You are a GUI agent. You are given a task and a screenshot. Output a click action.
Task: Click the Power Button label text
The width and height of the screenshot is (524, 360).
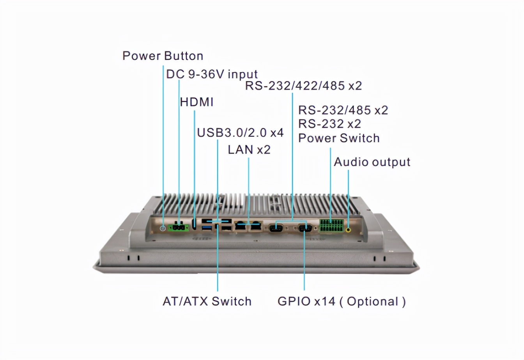coord(163,56)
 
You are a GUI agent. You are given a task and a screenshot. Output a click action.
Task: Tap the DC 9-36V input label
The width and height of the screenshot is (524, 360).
coord(212,74)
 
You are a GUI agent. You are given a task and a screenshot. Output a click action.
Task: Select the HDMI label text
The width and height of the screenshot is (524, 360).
coord(196,102)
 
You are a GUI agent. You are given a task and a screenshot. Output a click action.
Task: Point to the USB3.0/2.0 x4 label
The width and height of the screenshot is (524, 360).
coord(240,132)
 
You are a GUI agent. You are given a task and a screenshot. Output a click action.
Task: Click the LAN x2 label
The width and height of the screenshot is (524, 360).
coord(249,150)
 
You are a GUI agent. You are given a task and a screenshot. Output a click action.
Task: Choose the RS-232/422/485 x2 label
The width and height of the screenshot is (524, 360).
coord(303,86)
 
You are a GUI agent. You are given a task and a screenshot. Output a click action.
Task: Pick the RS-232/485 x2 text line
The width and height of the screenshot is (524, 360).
coord(343,110)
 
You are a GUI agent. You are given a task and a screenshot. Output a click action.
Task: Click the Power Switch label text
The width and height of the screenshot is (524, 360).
coord(338,138)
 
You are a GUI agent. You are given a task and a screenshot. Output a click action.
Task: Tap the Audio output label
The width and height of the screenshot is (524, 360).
coord(372,162)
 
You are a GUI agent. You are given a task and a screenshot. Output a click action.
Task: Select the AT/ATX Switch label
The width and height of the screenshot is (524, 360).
coord(207,301)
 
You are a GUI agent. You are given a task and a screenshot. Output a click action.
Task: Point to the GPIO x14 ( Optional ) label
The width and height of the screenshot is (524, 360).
coord(342,301)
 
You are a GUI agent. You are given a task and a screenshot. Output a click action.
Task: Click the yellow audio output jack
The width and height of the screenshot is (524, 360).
coord(349,229)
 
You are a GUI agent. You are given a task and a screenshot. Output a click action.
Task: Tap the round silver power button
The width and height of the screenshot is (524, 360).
coord(163,228)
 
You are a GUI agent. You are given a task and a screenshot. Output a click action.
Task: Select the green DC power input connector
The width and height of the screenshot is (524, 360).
coord(178,227)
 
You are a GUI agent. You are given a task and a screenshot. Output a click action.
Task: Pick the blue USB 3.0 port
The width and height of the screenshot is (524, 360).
coord(207,228)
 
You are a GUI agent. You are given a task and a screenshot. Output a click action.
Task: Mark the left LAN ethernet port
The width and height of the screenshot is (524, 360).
coord(241,226)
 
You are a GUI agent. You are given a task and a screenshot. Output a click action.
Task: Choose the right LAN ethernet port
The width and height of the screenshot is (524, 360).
coord(255,226)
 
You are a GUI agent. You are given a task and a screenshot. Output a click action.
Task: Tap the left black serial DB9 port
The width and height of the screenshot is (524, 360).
coord(276,228)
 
